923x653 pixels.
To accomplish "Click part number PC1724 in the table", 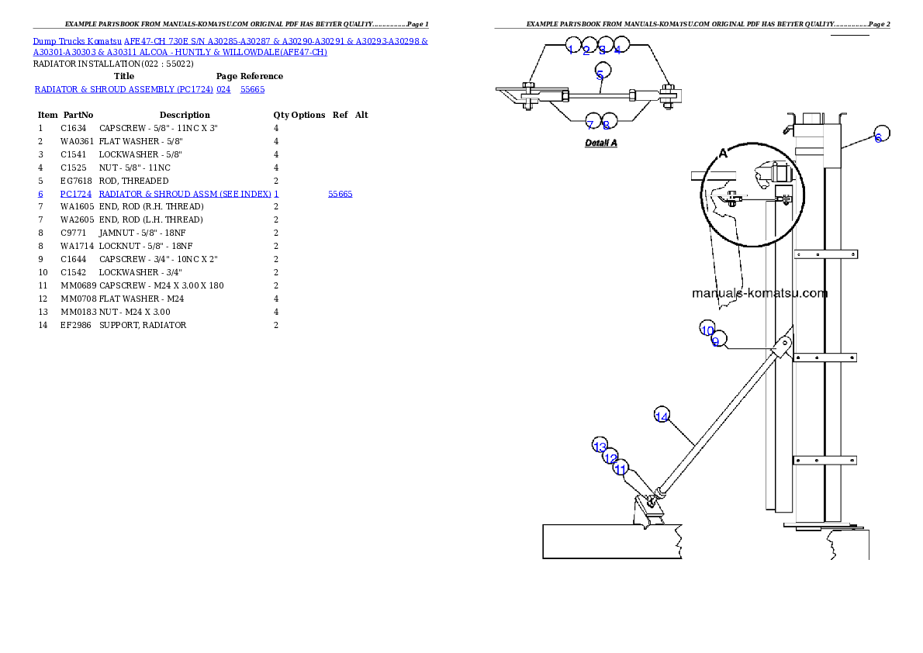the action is point(76,194).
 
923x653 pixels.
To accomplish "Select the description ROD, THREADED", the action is point(133,181).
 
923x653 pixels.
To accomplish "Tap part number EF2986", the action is point(76,325).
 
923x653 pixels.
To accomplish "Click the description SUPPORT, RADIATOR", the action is point(143,325).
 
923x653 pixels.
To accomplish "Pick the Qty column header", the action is point(281,115).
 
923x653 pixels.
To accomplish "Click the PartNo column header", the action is point(78,115).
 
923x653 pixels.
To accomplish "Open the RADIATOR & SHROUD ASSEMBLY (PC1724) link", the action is point(124,89).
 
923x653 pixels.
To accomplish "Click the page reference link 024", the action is point(223,89).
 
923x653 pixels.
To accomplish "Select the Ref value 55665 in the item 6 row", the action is point(341,194).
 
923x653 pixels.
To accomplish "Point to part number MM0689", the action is point(78,285).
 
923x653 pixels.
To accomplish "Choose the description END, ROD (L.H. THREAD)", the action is point(150,219).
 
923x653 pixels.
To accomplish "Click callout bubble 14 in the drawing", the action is point(662,415).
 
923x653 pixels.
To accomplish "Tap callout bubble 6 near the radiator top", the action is point(881,133).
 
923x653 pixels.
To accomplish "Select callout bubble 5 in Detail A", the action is point(603,71).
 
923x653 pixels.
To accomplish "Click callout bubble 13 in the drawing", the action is point(600,445).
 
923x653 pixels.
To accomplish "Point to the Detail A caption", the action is point(601,143).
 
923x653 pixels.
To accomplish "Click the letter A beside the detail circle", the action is point(724,154).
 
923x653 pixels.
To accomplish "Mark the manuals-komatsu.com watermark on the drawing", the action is point(760,293).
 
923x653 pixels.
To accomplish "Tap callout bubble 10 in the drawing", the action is point(707,329).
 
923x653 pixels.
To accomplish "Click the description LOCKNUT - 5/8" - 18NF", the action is point(145,246).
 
